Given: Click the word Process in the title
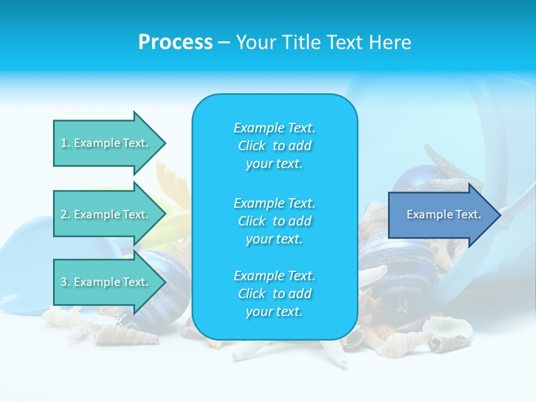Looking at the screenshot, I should [175, 42].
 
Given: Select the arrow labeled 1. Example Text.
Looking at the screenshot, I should [106, 143].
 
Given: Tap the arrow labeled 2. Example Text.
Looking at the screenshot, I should [106, 214].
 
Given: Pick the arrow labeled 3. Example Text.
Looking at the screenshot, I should [106, 282].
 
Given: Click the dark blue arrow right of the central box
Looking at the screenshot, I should [441, 214].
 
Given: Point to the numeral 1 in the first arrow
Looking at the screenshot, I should [64, 143].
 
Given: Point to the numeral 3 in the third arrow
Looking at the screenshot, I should [64, 282].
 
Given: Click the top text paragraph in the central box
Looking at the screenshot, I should [274, 146].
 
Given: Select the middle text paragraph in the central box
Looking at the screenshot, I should [274, 221].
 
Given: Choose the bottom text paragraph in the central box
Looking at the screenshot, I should [274, 294].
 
